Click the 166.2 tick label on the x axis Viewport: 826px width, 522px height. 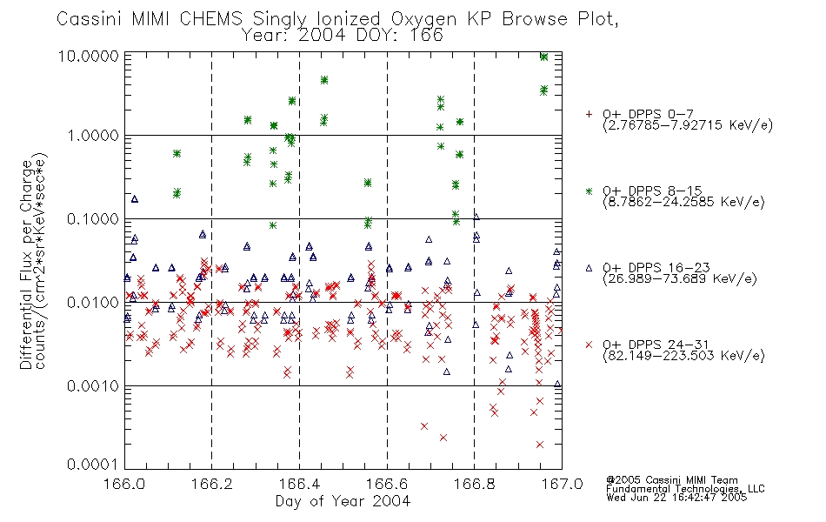[x=212, y=484]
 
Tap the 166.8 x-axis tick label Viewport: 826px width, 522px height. [x=475, y=484]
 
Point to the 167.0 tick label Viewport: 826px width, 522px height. [x=562, y=484]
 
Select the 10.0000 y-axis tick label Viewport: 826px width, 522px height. [x=89, y=56]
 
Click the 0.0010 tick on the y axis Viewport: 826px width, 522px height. [x=93, y=386]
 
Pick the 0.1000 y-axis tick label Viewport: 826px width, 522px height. [x=93, y=219]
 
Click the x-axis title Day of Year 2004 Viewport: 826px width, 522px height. [x=343, y=501]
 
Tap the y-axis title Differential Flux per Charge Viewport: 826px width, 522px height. [x=26, y=264]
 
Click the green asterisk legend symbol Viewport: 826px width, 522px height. [x=589, y=191]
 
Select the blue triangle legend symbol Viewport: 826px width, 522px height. [x=589, y=268]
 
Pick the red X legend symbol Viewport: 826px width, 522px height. [x=589, y=345]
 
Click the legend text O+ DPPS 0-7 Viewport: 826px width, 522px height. [x=649, y=114]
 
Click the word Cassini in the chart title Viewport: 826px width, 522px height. [x=89, y=19]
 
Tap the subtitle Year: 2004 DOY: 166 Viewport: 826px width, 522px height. [x=343, y=36]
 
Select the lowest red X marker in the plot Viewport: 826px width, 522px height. [x=540, y=445]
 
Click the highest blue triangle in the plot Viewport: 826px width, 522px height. [x=134, y=198]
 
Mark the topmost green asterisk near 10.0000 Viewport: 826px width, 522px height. [x=544, y=57]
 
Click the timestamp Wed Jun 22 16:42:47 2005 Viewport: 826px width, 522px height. [x=676, y=498]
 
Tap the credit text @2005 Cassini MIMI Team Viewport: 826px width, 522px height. [x=671, y=480]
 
